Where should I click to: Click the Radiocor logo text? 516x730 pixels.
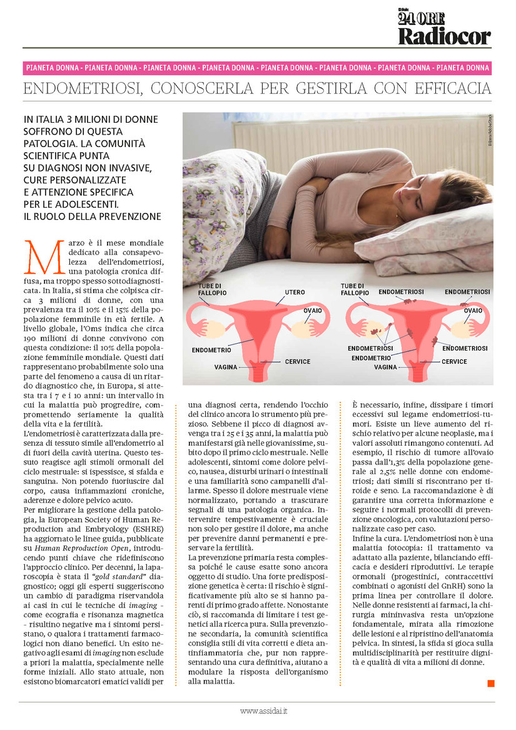tap(444, 36)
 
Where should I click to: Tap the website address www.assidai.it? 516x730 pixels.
tap(263, 711)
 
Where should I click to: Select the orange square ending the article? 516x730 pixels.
tap(490, 682)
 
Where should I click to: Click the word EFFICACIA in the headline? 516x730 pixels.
tap(450, 89)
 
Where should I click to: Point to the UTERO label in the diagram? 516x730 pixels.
tap(295, 292)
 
